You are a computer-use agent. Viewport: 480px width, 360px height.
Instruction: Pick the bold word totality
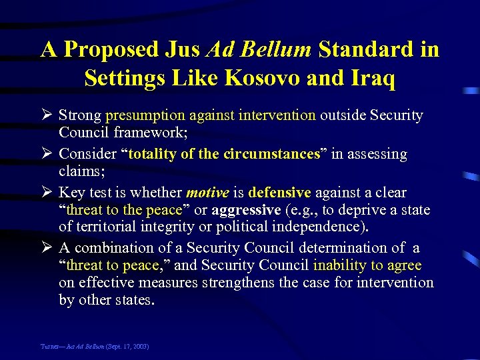(152, 154)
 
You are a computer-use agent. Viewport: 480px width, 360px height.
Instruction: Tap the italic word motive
(207, 193)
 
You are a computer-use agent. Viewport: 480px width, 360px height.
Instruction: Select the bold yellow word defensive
(279, 193)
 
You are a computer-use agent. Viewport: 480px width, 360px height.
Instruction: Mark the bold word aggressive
(246, 210)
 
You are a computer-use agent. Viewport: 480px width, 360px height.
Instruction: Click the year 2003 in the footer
(140, 347)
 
